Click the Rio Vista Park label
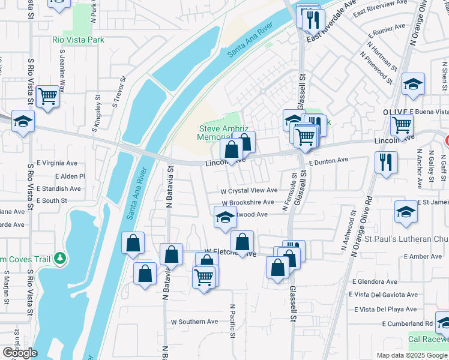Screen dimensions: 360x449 (x=78, y=40)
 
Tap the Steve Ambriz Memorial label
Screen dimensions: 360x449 (x=219, y=133)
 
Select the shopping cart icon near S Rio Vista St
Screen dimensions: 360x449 (x=47, y=96)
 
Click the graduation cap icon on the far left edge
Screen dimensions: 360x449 (x=23, y=122)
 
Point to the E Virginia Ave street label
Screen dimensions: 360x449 (x=57, y=163)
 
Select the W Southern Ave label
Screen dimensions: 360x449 (x=194, y=322)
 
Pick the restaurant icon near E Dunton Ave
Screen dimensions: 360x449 (x=386, y=162)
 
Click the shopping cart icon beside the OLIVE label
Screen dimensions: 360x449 (x=402, y=125)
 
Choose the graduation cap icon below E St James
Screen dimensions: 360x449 (x=406, y=212)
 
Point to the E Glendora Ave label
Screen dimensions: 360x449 (x=376, y=281)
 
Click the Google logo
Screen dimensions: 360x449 (x=20, y=352)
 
